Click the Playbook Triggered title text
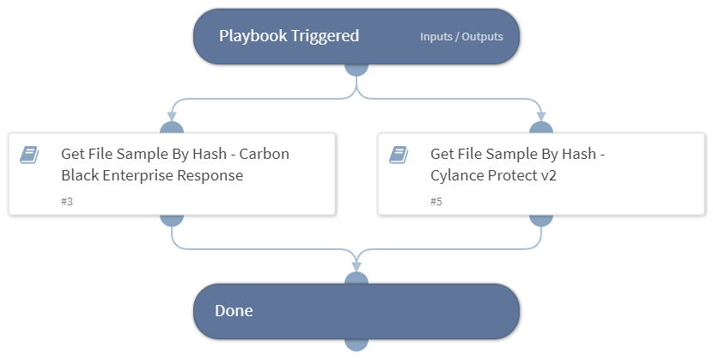[289, 36]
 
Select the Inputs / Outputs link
[461, 37]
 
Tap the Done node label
[234, 311]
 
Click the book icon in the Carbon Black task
[29, 155]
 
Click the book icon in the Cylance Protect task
[399, 155]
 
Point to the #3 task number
[67, 201]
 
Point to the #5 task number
[436, 201]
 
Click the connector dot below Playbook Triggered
[356, 68]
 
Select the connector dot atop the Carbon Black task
[172, 129]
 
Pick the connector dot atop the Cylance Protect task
[541, 129]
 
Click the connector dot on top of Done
[356, 279]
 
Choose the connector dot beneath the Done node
[356, 343]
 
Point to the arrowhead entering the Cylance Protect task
[541, 116]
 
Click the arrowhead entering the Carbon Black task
[172, 116]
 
